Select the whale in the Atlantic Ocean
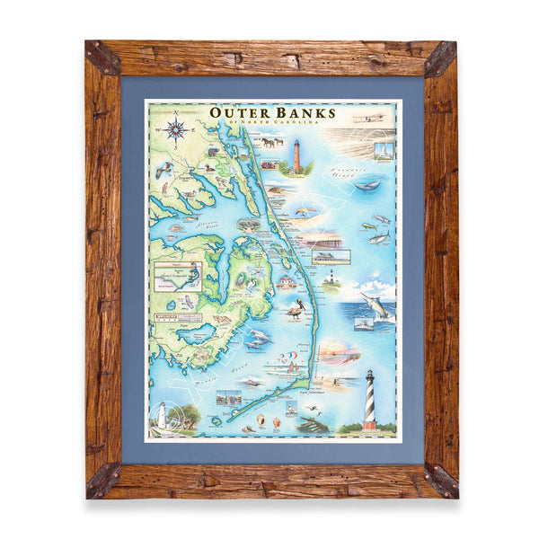pyautogui.click(x=365, y=185)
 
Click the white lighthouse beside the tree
pyautogui.click(x=163, y=414)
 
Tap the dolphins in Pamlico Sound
pyautogui.click(x=257, y=336)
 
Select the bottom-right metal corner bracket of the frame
pyautogui.click(x=440, y=481)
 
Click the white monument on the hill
pyautogui.click(x=384, y=146)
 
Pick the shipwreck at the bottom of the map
pyautogui.click(x=314, y=423)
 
